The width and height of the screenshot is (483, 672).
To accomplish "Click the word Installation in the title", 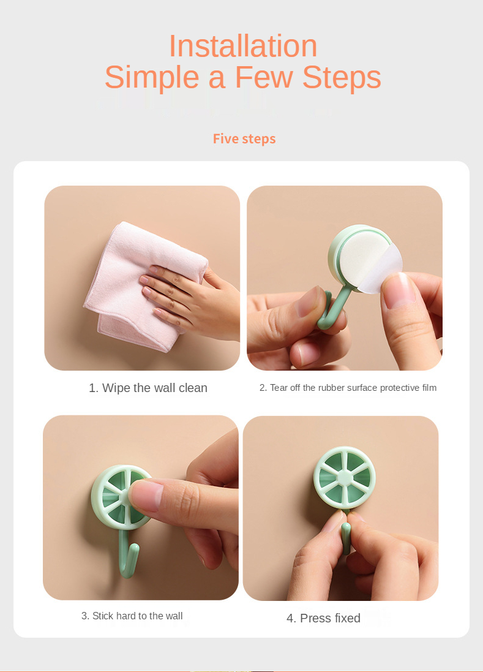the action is [x=243, y=46].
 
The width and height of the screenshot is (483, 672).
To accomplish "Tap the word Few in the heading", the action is [x=264, y=77].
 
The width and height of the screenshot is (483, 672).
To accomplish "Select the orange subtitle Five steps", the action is [x=244, y=139].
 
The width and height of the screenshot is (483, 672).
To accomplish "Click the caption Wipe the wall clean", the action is [x=148, y=388].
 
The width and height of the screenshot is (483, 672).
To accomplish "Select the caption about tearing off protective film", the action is [x=348, y=388].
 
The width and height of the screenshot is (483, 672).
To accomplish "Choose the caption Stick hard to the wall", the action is [x=132, y=616].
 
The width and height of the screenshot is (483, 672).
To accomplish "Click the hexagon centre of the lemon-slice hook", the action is [x=345, y=477].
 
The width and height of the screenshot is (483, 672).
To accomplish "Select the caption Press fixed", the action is [x=323, y=618].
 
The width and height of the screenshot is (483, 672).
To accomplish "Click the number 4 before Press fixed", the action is [x=291, y=619].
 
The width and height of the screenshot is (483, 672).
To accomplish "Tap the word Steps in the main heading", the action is [x=342, y=78].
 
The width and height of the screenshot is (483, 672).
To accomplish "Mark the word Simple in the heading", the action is [x=152, y=78].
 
